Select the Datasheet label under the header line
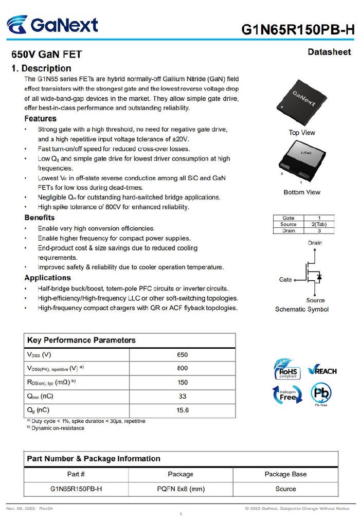pyautogui.click(x=329, y=52)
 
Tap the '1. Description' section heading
pyautogui.click(x=42, y=68)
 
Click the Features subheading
pyautogui.click(x=41, y=119)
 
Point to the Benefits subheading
pyautogui.click(x=40, y=218)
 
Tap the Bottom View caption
pyautogui.click(x=302, y=192)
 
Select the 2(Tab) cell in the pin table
pyautogui.click(x=316, y=224)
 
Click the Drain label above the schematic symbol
pyautogui.click(x=315, y=243)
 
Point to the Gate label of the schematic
pyautogui.click(x=285, y=280)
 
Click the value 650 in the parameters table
pyautogui.click(x=182, y=355)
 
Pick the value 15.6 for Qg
pyautogui.click(x=182, y=410)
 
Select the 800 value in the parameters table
pyautogui.click(x=182, y=368)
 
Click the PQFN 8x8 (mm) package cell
pyautogui.click(x=181, y=489)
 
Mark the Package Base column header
pyautogui.click(x=285, y=474)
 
